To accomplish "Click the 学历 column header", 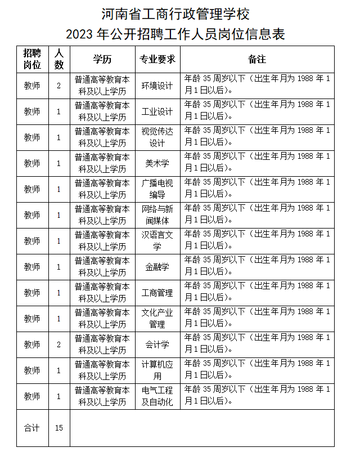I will coord(102,59).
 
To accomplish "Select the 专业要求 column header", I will coord(157,59).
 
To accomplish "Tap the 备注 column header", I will coord(256,59).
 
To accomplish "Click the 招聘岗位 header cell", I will coord(32,59).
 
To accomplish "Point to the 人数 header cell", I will coord(59,59).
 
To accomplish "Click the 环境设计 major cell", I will coord(157,86).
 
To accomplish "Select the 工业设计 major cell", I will coord(157,111).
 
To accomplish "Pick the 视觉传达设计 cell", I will coord(157,137).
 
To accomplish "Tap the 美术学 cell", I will coord(157,163).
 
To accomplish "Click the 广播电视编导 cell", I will coord(157,189).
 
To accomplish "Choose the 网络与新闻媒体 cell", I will coord(157,215).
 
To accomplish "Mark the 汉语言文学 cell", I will coord(157,241).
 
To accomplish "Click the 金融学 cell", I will coord(157,267).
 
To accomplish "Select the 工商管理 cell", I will coord(157,293).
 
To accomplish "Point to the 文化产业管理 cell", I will coord(157,319).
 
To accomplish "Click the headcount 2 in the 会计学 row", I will coord(59,344).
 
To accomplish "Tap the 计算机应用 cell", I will coord(157,370).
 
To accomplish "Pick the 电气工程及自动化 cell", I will coord(157,396).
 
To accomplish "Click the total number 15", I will coord(59,428).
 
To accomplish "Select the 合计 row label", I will coord(32,428).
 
